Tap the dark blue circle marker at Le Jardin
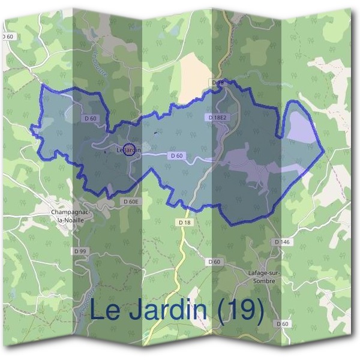pyautogui.click(x=128, y=150)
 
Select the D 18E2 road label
pyautogui.click(x=217, y=117)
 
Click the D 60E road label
pyautogui.click(x=131, y=202)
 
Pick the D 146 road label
pyautogui.click(x=282, y=241)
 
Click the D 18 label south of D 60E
pyautogui.click(x=184, y=222)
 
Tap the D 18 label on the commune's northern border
pyautogui.click(x=218, y=82)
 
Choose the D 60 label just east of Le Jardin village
pyautogui.click(x=176, y=156)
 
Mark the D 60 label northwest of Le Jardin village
pyautogui.click(x=91, y=119)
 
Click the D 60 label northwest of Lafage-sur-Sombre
pyautogui.click(x=214, y=262)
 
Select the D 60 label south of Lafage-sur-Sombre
pyautogui.click(x=283, y=323)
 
